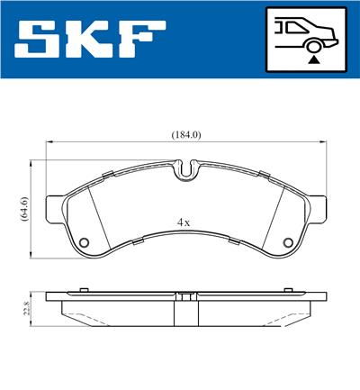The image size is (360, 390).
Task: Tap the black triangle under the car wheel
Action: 314,60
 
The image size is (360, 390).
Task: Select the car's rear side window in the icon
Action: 295,28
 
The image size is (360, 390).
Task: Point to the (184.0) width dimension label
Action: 186,135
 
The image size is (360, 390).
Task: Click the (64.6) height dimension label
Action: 24,209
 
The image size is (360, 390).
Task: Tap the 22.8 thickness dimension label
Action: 27,309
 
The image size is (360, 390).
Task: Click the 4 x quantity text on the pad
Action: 184,222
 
